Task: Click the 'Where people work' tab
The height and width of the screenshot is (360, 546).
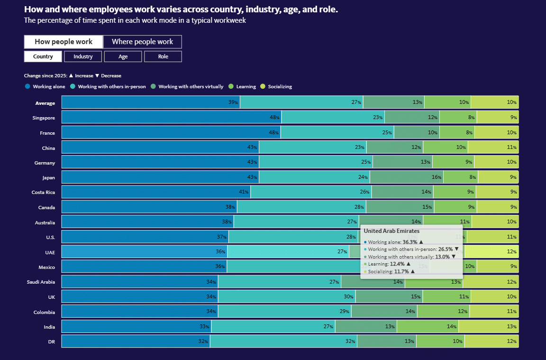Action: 142,42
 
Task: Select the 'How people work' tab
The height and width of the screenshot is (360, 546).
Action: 64,42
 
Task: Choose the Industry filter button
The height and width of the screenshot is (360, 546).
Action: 83,56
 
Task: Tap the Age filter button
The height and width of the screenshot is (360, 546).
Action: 123,56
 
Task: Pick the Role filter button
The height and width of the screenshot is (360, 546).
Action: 163,56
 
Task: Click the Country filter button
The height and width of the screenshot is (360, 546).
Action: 43,56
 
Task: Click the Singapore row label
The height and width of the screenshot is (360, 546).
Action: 44,118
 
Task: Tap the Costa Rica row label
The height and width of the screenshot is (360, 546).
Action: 43,192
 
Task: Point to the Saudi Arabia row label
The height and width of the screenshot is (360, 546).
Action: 41,282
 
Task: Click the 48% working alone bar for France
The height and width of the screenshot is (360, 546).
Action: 171,132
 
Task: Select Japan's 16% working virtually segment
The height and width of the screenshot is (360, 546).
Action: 407,177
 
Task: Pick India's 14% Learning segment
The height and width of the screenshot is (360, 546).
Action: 428,326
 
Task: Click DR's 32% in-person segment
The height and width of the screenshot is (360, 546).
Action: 283,342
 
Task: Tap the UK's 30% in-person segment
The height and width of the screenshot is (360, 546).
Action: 287,296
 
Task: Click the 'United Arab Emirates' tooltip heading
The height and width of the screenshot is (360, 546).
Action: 391,231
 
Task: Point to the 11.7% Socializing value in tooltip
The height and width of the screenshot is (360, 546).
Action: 399,271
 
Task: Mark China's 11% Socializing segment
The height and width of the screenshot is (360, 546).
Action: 493,148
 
